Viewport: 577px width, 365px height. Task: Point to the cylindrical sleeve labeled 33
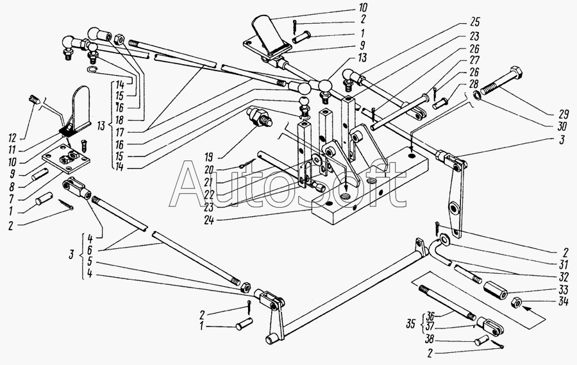[497, 287]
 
